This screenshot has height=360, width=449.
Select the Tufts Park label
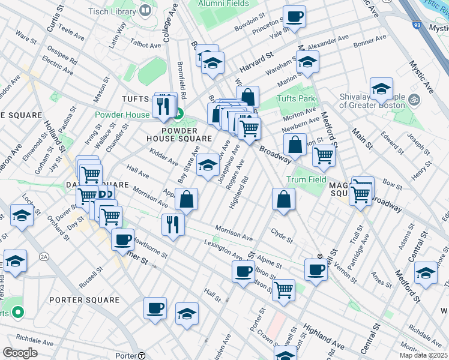(x=295, y=99)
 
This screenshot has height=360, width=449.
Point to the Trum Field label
(x=306, y=179)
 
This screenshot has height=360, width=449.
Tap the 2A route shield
(x=44, y=256)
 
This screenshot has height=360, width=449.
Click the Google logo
(x=20, y=353)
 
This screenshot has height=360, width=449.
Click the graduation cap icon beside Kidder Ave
(x=208, y=165)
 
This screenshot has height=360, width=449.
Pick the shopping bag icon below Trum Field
(x=283, y=200)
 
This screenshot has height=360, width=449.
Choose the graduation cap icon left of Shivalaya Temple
(x=381, y=89)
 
